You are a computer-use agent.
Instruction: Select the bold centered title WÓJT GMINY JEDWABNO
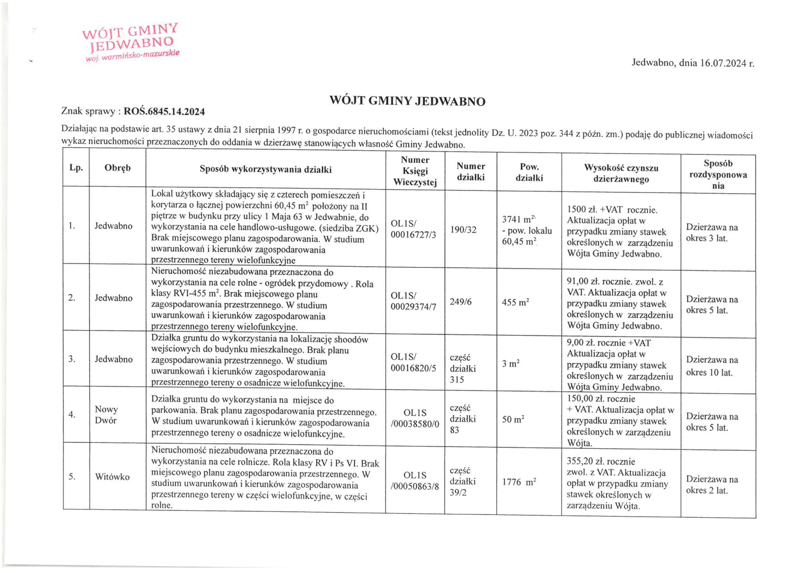point(407,101)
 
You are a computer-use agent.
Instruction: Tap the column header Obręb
point(117,168)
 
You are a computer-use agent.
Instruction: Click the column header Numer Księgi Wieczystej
point(415,171)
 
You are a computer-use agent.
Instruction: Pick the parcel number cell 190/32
point(464,230)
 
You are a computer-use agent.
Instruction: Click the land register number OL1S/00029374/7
point(414,301)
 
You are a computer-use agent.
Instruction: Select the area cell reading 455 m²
point(515,302)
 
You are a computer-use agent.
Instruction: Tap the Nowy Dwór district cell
point(106,414)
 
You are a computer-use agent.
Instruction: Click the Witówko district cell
point(112,477)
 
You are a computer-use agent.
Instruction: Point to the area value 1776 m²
point(519,482)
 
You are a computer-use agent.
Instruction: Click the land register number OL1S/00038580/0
point(415,419)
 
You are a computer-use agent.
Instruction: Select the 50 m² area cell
point(513,420)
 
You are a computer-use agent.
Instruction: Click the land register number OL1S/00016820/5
point(414,362)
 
